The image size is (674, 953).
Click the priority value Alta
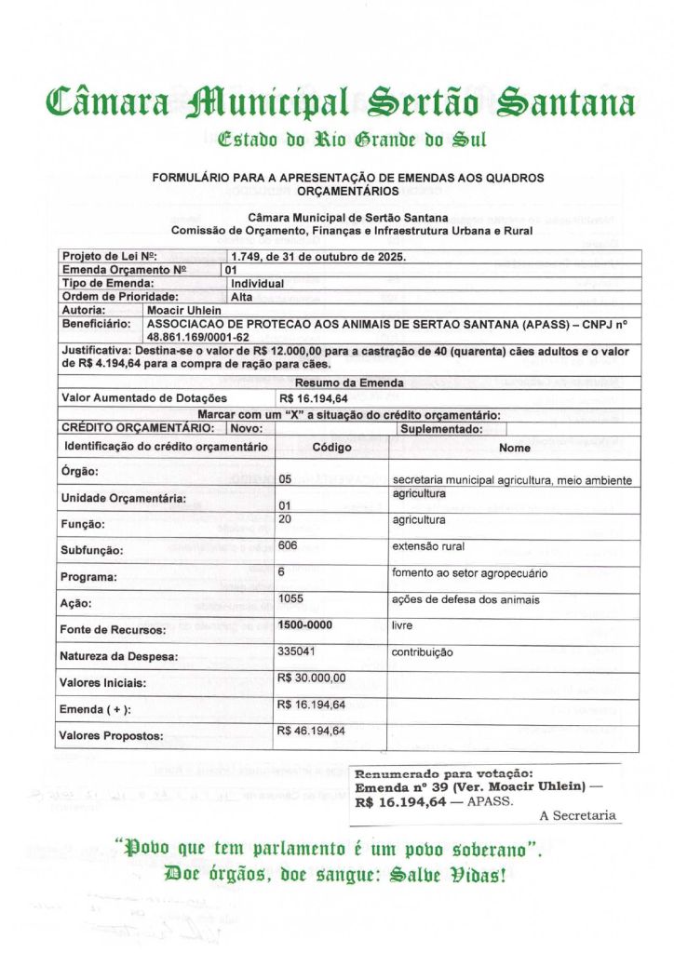coord(240,296)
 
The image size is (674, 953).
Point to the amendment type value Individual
coord(257,283)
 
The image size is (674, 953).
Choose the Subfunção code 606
coord(288,545)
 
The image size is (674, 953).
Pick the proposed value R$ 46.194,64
coord(311,731)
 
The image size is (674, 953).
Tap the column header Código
coord(331,448)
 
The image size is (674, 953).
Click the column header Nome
coord(515,448)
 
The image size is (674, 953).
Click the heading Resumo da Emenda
coord(349,383)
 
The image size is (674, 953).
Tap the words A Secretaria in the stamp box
coord(577,815)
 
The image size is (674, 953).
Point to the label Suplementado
coord(441,429)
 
